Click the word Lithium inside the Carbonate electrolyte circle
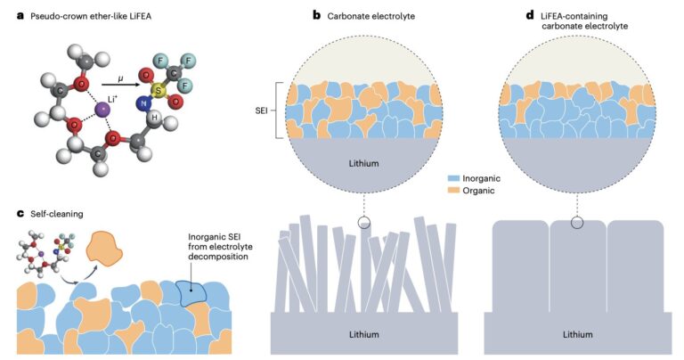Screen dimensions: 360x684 [366, 164]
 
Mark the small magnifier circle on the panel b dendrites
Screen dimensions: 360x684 [363, 223]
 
